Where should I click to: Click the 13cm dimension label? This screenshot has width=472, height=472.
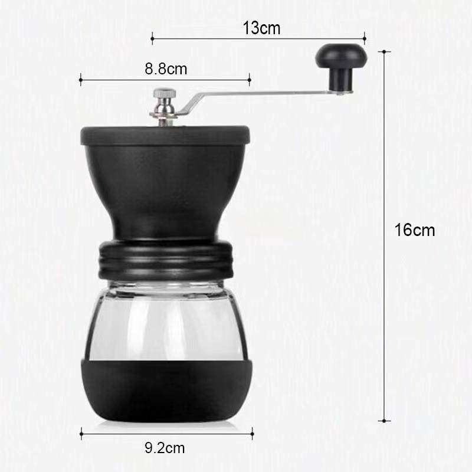[x=261, y=28]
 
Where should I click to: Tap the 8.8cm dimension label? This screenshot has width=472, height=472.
[x=166, y=69]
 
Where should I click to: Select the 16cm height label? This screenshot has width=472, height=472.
[x=415, y=230]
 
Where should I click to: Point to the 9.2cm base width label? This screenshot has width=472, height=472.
[x=165, y=448]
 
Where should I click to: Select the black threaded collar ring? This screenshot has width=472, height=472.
[x=166, y=260]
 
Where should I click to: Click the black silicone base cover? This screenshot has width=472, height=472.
[x=166, y=390]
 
